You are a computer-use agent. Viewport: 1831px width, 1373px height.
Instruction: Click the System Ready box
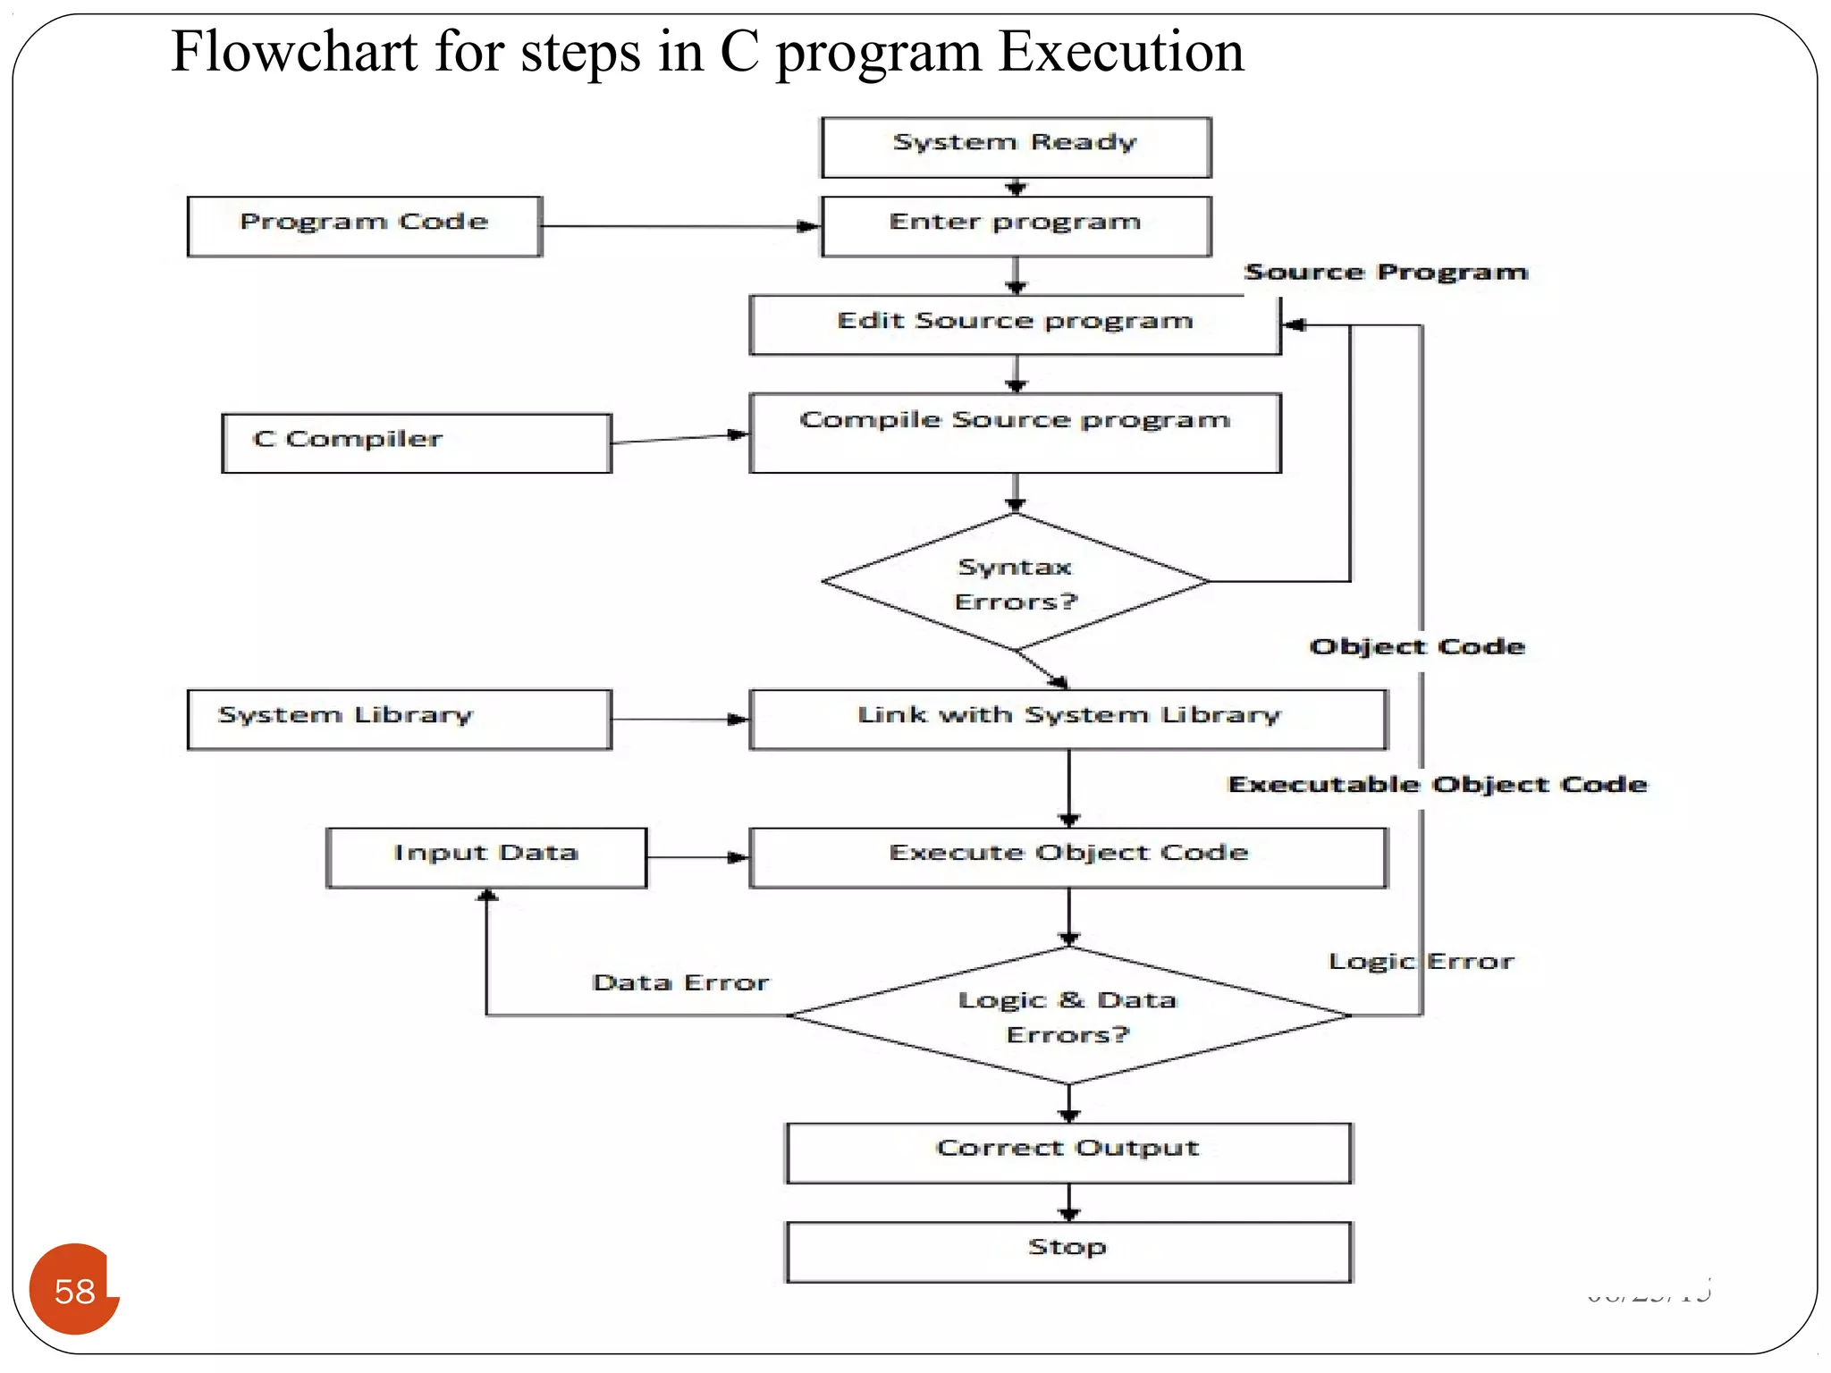1016,147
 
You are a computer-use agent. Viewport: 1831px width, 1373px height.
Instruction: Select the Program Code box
364,226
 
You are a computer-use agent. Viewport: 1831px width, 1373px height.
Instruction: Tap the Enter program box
1016,226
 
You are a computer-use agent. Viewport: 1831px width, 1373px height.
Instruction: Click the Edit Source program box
1015,324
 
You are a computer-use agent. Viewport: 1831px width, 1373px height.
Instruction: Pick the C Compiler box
416,442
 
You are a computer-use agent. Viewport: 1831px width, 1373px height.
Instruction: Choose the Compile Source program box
1015,433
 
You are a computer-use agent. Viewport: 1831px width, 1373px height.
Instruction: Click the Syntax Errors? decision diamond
1016,582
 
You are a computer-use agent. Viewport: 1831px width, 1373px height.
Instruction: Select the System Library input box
399,719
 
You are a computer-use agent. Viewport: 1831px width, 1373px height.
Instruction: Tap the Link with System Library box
1068,719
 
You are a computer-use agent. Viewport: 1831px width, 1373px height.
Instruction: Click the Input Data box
485,856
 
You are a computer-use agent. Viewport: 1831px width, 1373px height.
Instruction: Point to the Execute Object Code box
1068,856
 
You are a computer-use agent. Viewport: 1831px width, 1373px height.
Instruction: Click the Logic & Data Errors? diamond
1068,1016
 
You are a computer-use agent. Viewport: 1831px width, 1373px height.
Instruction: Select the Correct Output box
1068,1152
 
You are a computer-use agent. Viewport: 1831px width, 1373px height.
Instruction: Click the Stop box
1068,1251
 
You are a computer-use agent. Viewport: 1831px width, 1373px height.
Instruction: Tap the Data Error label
680,982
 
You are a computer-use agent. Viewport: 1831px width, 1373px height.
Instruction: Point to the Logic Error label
1422,961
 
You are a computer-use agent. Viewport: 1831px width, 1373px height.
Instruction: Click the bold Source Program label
1386,272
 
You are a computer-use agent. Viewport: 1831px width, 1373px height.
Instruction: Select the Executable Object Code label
1438,784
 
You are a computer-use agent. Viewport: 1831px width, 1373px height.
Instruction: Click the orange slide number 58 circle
74,1290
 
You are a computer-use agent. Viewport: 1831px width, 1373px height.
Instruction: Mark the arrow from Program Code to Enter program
679,226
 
